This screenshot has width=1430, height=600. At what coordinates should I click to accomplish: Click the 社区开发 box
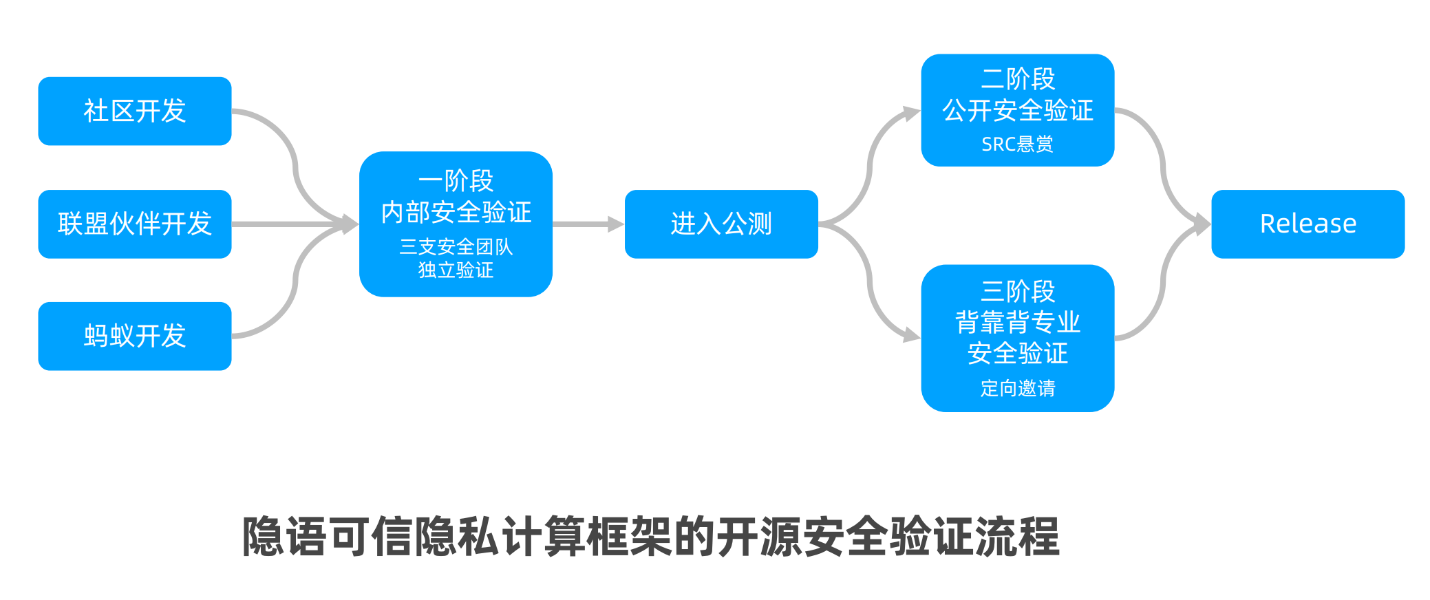click(x=135, y=111)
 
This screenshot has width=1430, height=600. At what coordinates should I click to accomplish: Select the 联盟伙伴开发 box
click(x=135, y=224)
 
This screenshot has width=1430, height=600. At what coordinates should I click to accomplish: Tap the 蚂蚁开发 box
click(x=135, y=336)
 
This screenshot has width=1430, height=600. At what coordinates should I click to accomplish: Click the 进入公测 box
click(x=721, y=224)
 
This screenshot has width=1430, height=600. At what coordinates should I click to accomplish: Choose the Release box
click(x=1308, y=224)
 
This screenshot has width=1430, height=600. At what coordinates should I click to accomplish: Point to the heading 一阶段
click(x=456, y=181)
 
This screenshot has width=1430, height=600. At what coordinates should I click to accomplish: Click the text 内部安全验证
click(x=456, y=212)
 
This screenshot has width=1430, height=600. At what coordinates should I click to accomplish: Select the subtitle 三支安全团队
click(x=456, y=246)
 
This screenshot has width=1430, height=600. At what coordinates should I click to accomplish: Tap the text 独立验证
click(x=456, y=270)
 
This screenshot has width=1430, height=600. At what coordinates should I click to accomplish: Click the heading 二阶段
click(x=1017, y=79)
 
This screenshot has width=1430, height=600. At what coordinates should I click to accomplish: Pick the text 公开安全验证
click(x=1017, y=110)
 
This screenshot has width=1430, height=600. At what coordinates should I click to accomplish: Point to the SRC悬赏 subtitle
click(x=1017, y=144)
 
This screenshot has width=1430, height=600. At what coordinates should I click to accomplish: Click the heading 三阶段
click(x=1017, y=291)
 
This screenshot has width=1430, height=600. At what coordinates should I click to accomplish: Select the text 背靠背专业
click(x=1017, y=322)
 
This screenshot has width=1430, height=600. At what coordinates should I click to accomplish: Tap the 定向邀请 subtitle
click(x=1017, y=388)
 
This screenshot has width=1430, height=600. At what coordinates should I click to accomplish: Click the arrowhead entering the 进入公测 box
click(x=616, y=224)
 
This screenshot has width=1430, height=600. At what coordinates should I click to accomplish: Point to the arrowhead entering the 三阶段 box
click(x=912, y=335)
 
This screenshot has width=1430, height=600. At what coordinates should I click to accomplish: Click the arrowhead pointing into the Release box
click(x=1202, y=224)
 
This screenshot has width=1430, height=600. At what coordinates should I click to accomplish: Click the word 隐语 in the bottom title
click(x=284, y=536)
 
